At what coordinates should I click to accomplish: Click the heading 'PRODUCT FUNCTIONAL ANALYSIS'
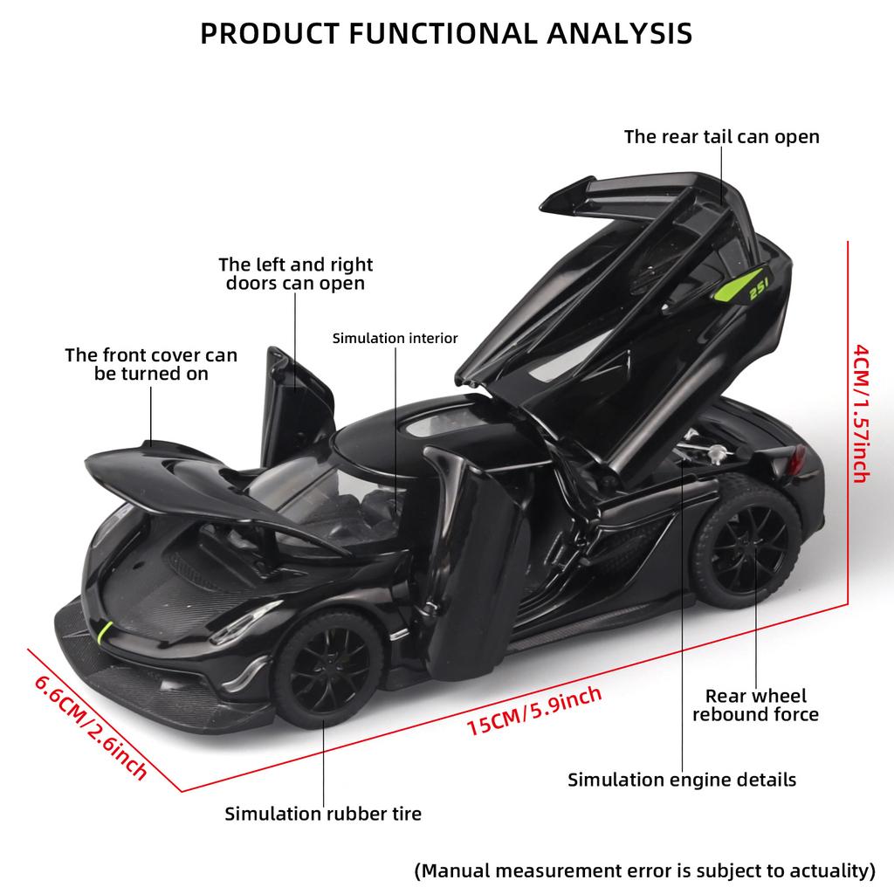(446, 32)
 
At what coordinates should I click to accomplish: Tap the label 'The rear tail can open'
(721, 136)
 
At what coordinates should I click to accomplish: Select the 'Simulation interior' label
(395, 338)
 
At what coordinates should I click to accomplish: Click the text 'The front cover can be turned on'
(151, 364)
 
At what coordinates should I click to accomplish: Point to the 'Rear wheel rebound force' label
(756, 705)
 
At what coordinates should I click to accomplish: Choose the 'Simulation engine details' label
(682, 779)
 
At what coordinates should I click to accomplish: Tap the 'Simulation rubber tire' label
(323, 814)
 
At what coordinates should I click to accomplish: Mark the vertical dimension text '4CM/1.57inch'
(860, 412)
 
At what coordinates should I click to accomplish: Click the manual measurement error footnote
(644, 870)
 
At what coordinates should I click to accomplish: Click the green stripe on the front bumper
(105, 630)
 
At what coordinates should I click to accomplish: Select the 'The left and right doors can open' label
(295, 273)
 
